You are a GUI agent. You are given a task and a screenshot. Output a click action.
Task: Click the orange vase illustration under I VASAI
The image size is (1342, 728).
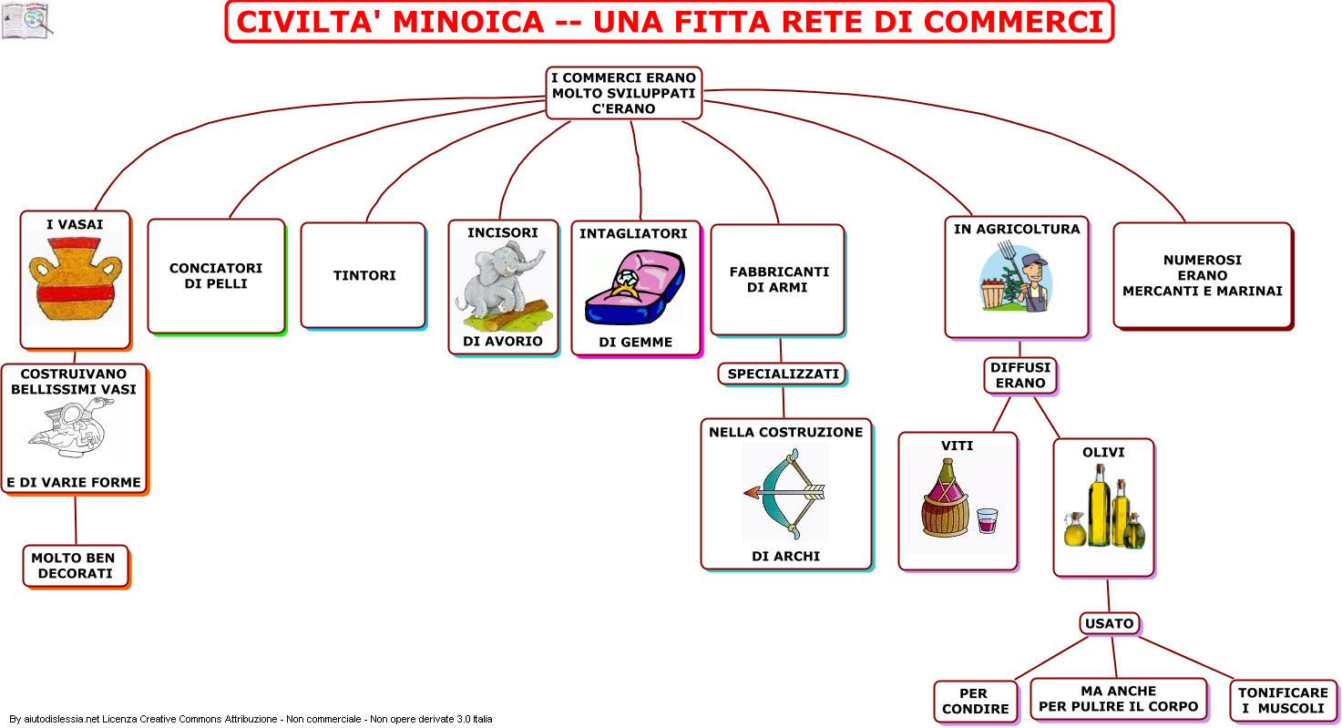pyautogui.click(x=76, y=279)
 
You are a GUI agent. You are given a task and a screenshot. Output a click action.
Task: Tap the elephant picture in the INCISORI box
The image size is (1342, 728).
pyautogui.click(x=502, y=286)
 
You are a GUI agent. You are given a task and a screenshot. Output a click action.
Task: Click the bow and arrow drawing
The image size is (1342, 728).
pyautogui.click(x=784, y=494)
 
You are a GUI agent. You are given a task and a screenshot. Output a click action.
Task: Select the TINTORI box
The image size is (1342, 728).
pyautogui.click(x=364, y=276)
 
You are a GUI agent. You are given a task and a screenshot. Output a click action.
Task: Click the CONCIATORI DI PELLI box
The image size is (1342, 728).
pyautogui.click(x=216, y=276)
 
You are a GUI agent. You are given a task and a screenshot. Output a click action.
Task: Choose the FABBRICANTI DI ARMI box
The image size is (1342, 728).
pyautogui.click(x=778, y=280)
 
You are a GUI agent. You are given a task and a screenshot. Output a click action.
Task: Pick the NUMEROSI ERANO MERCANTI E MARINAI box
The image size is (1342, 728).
pyautogui.click(x=1203, y=276)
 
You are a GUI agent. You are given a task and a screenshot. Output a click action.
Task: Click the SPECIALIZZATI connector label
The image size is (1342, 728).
pyautogui.click(x=783, y=374)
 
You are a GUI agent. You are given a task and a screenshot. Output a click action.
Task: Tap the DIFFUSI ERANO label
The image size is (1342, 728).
pyautogui.click(x=1020, y=375)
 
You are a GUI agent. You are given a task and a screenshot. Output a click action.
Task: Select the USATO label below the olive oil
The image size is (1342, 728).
pyautogui.click(x=1109, y=624)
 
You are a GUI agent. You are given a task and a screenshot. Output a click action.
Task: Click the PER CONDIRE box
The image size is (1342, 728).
pyautogui.click(x=976, y=701)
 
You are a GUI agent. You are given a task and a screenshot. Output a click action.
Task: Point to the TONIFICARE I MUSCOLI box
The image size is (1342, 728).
pyautogui.click(x=1283, y=701)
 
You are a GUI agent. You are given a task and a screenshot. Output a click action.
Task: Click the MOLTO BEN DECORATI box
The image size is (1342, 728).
pyautogui.click(x=76, y=566)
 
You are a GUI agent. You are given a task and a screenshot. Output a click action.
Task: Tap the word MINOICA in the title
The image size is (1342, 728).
pyautogui.click(x=468, y=22)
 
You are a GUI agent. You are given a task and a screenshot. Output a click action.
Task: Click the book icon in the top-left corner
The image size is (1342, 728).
pyautogui.click(x=26, y=20)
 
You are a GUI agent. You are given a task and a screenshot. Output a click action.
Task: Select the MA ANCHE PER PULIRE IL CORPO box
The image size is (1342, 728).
pyautogui.click(x=1119, y=699)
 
